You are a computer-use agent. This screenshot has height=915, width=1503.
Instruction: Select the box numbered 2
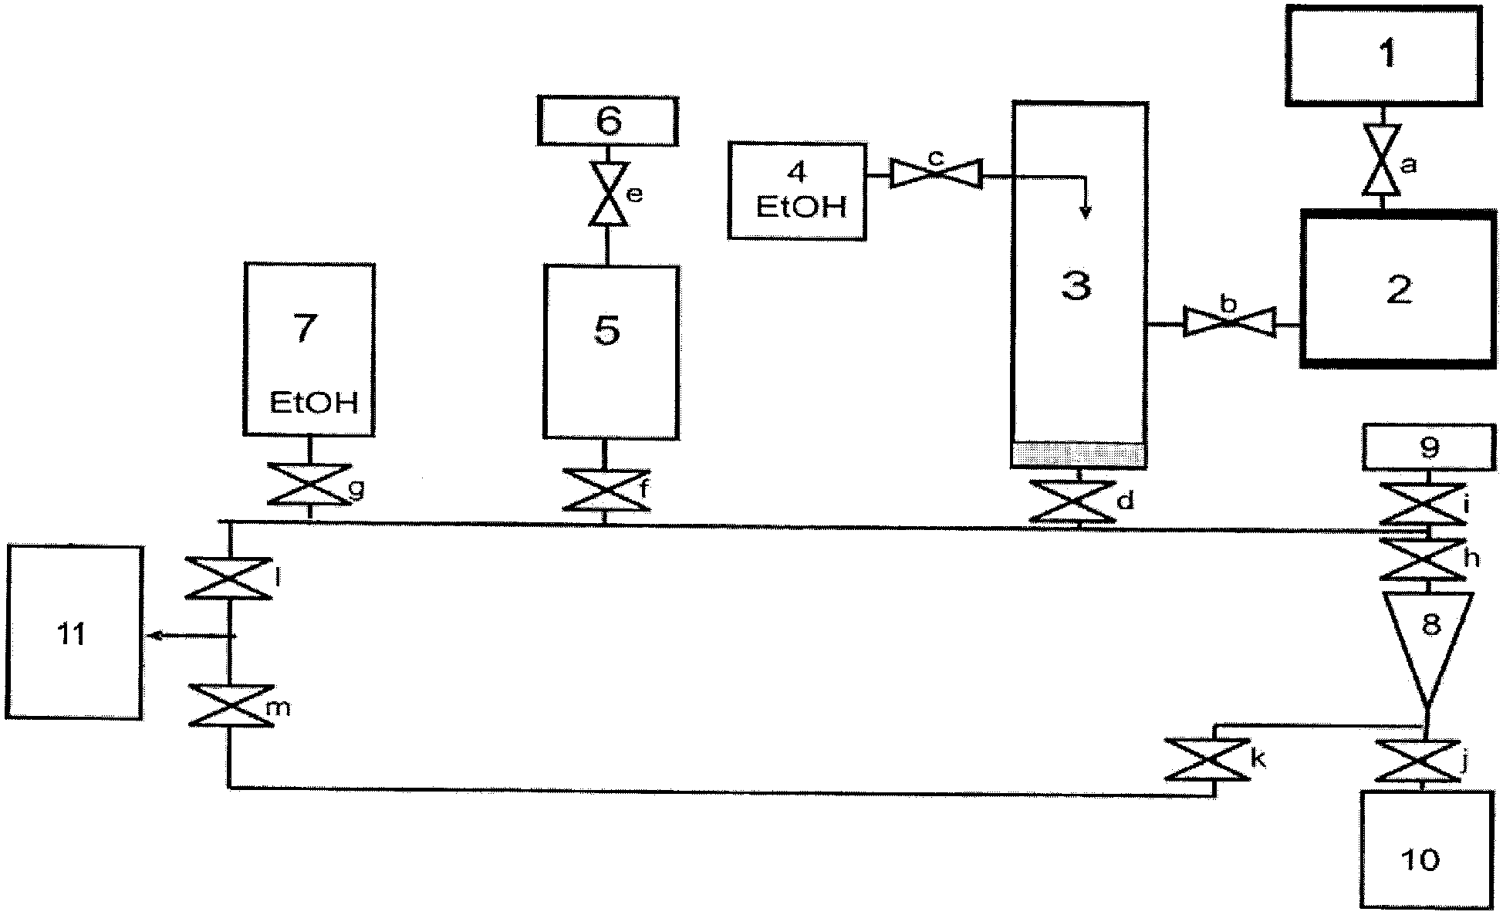(x=1398, y=288)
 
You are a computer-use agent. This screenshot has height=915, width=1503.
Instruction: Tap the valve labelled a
(x=1383, y=160)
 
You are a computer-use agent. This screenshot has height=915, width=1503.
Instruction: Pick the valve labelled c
(x=936, y=173)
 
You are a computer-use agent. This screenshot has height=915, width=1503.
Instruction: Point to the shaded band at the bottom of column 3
(x=1079, y=454)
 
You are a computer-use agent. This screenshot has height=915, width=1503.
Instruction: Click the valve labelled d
(x=1073, y=501)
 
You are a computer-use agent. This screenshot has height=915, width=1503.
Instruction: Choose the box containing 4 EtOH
(x=797, y=191)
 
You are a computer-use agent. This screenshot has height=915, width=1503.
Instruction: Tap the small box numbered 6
(x=608, y=121)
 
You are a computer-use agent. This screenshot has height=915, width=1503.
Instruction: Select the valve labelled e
(x=608, y=194)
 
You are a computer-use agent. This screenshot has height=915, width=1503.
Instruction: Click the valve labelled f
(x=605, y=490)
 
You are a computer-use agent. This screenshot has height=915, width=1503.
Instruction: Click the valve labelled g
(x=309, y=485)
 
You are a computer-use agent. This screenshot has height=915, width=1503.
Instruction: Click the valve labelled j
(x=1419, y=761)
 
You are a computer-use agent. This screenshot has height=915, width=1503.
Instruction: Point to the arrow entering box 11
(x=191, y=635)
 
